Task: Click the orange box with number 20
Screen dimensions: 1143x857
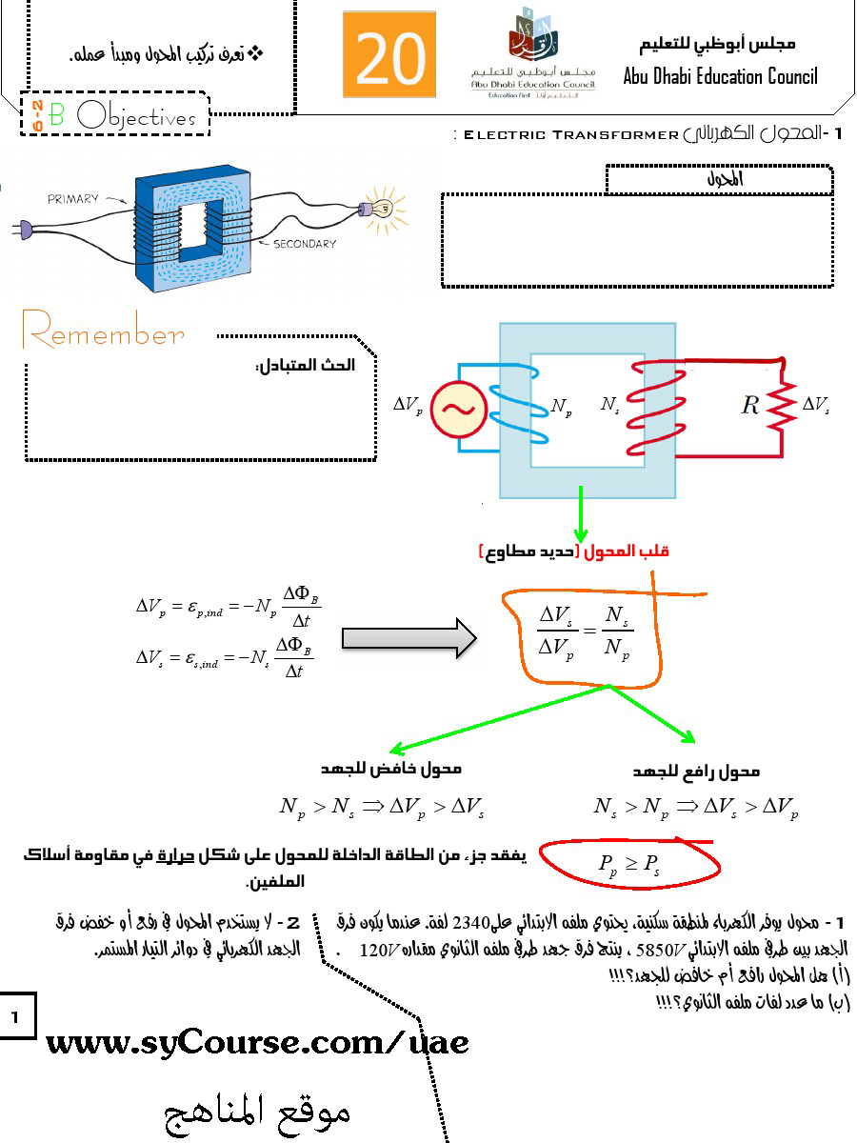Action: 389,54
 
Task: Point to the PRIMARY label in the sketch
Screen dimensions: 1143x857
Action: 73,199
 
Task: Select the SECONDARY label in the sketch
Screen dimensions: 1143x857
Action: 305,244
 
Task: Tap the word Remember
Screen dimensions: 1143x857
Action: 103,335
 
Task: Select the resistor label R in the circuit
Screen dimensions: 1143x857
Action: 750,405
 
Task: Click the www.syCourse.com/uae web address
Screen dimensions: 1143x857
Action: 257,1042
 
